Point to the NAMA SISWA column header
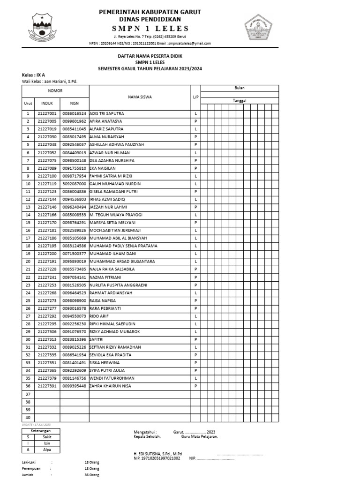coord(140,97)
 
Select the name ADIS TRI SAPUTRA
coord(107,114)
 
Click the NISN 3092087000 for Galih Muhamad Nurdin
coord(75,184)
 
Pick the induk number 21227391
coord(47,386)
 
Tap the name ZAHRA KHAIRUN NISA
coord(111,386)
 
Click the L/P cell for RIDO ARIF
coord(195,316)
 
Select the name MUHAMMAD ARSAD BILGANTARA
coord(122,262)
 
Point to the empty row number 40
coord(28,417)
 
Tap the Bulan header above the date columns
coord(240,88)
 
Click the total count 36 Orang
coord(92,475)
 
